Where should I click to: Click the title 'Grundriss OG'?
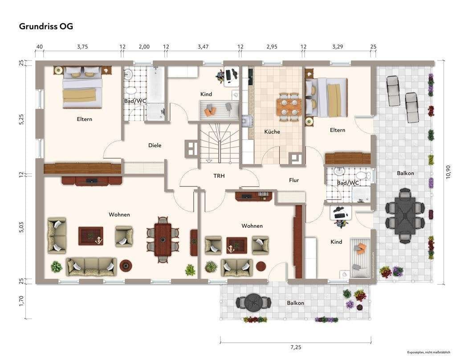pos(46,26)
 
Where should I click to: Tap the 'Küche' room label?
pos(272,132)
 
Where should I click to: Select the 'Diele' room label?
pos(155,145)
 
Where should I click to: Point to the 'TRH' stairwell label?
pos(219,176)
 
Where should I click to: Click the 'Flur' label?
pos(294,180)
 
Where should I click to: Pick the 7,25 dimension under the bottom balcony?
pos(296,347)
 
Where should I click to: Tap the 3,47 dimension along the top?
pos(203,46)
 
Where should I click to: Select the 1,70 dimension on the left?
pos(21,301)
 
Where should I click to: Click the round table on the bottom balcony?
pos(253,302)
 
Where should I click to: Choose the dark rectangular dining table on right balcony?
pos(405,215)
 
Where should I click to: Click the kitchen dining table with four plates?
pos(288,107)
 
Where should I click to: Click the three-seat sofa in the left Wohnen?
pos(91,267)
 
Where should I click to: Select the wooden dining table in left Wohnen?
pos(163,240)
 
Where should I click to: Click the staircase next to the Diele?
pos(219,143)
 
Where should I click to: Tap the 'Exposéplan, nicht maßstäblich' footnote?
pos(429,352)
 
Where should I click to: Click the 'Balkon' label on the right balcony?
pos(405,173)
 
